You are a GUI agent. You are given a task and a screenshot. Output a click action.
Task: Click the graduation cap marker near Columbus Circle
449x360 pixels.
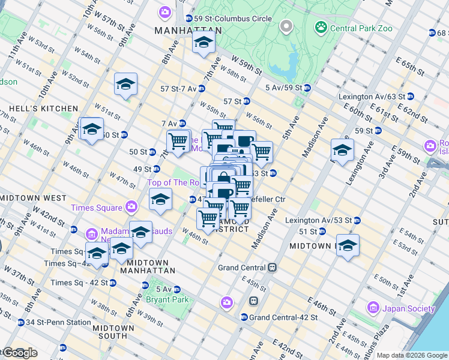point(203,42)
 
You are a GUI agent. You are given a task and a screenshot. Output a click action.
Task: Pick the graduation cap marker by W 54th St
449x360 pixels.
point(125,85)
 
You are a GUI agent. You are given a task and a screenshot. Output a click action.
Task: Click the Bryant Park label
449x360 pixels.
point(167,299)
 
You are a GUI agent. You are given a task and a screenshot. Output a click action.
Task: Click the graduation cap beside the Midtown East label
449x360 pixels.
point(348,245)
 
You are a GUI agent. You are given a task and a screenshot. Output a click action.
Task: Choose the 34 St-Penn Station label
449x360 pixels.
point(58,322)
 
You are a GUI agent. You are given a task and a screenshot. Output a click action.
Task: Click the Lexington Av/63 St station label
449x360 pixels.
point(372,96)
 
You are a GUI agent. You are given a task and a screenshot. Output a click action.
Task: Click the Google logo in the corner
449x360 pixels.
point(19,353)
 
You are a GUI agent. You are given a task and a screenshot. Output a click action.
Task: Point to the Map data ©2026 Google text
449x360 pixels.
point(411,355)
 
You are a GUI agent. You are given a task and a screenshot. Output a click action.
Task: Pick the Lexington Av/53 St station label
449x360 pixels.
point(320,220)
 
